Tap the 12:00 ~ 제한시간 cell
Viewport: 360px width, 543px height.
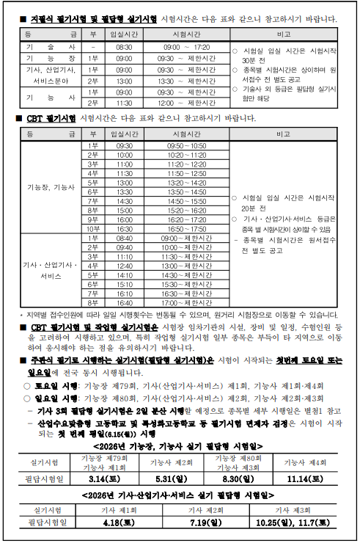[186, 103]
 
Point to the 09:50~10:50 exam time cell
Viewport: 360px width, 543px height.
[186, 146]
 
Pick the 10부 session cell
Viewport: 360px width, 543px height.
[92, 228]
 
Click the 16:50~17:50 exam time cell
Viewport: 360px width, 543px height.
[186, 228]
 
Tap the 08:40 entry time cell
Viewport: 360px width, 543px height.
[124, 238]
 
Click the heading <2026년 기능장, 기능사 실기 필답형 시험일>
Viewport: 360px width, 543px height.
[178, 445]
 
